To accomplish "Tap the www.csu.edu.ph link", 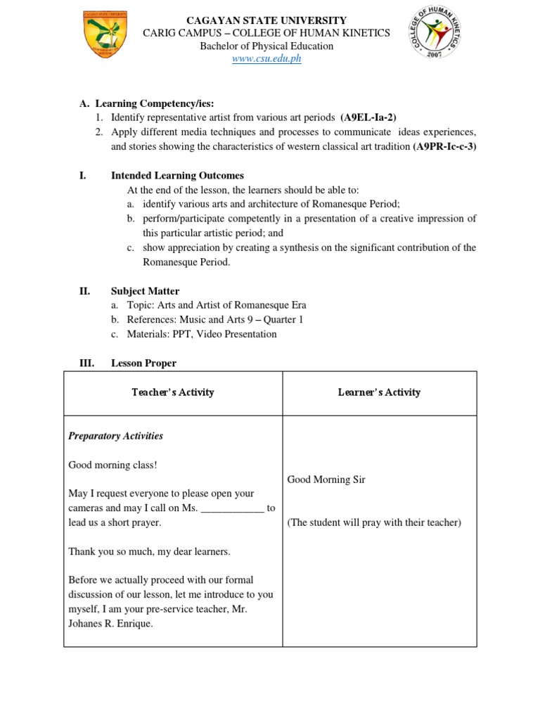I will [266, 59].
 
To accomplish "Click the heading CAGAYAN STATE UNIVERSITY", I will [266, 20].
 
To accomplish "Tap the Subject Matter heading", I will [145, 291].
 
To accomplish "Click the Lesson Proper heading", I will [143, 364].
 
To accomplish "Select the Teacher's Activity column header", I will [173, 392].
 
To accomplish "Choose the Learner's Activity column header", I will [379, 392].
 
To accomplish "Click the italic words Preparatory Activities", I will [115, 436].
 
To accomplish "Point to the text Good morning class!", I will [112, 465].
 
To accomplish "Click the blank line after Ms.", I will [233, 508].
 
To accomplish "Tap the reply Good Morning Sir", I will [326, 480].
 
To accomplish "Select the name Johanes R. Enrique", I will [110, 624].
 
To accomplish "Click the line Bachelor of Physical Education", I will [266, 46].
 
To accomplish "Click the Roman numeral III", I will [86, 364].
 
